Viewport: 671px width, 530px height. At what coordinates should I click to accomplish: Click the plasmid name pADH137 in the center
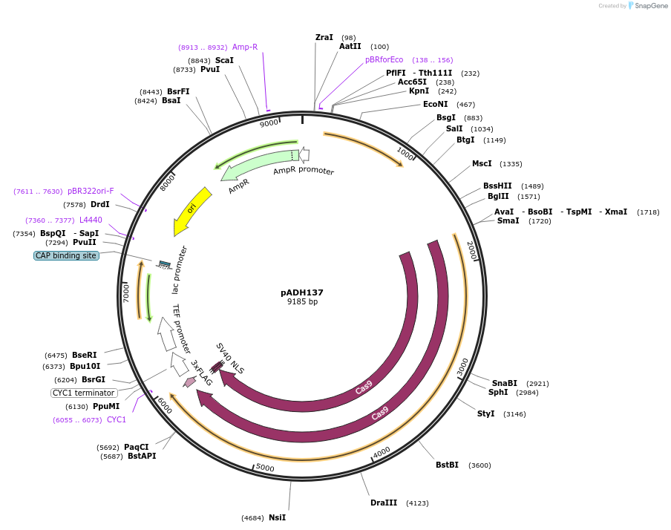tap(301, 292)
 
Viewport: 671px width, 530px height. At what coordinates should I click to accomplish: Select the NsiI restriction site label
tap(277, 517)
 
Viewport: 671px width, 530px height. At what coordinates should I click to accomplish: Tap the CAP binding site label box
tap(66, 255)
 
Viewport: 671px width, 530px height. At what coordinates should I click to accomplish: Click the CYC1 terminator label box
tap(84, 393)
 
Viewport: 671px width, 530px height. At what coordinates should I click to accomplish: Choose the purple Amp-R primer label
tap(245, 47)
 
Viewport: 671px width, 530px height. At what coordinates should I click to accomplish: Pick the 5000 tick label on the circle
tap(265, 468)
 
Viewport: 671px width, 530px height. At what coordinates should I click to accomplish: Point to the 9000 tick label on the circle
tap(269, 122)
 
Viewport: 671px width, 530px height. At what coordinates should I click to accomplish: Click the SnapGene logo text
tap(649, 6)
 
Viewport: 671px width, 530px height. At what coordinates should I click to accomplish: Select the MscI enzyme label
tap(482, 163)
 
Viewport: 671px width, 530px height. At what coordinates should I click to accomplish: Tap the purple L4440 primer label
tap(91, 220)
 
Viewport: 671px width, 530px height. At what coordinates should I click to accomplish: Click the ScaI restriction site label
tap(224, 60)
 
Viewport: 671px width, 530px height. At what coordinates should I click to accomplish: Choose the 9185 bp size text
tap(302, 302)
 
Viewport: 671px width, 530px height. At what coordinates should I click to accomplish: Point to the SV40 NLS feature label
tap(230, 359)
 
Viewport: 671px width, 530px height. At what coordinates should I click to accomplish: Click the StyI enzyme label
tap(485, 413)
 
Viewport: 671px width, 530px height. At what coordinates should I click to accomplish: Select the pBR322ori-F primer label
tap(91, 191)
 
